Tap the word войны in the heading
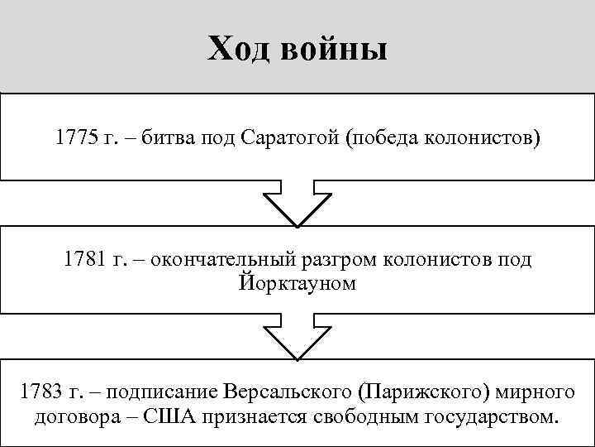tap(334, 50)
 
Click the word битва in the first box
tap(169, 137)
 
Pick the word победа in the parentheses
tap(384, 137)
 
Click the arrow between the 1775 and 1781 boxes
tap(297, 203)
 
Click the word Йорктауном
tap(297, 283)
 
